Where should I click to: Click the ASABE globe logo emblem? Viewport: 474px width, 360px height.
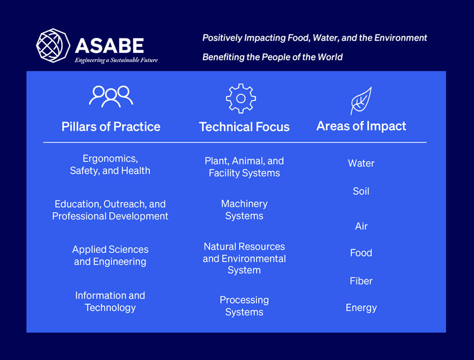pos(54,46)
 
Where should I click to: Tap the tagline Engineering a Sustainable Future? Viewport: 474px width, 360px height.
pos(116,60)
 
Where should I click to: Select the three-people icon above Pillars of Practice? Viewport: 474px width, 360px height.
pos(111,96)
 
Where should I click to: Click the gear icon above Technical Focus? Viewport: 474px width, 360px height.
pos(241,98)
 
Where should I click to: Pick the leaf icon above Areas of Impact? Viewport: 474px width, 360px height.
pos(360,101)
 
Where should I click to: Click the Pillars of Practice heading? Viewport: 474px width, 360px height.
pos(111,127)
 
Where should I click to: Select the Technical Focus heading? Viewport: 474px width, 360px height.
pos(244,127)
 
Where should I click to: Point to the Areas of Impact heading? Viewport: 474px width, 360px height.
pos(361,126)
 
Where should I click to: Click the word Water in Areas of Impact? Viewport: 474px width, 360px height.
pos(361,164)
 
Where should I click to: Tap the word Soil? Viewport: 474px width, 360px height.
pos(361,191)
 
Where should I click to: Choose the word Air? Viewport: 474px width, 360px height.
pos(361,227)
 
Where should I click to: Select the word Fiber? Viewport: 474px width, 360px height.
pos(361,281)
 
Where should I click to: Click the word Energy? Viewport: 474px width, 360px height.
pos(361,308)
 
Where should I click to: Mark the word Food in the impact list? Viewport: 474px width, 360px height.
pos(361,253)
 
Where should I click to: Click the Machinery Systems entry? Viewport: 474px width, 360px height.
pos(244,210)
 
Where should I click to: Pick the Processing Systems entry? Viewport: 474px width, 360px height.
pos(244,306)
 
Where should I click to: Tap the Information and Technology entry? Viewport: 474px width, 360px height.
pos(110,301)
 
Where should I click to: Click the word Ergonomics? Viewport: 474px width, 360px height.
pos(109,159)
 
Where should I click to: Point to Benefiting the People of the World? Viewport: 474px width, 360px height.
pos(272,57)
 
